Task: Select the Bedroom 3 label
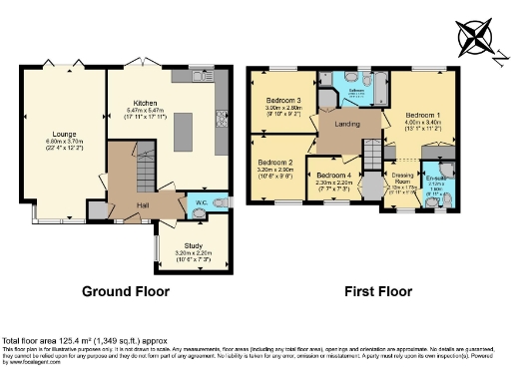click(283, 101)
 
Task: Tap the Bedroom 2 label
click(275, 163)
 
